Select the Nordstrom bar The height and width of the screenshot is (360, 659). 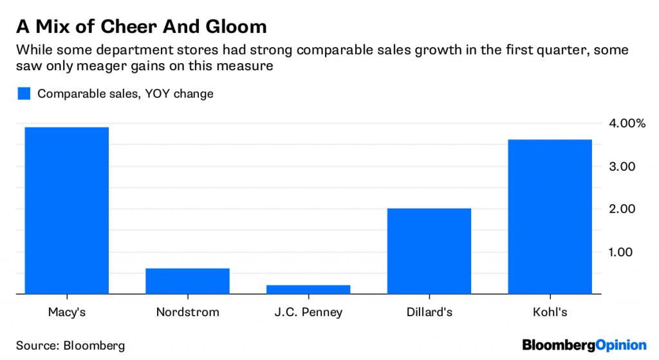coord(187,281)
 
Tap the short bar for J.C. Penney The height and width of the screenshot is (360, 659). coord(308,289)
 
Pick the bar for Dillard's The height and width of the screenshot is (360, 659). coord(429,251)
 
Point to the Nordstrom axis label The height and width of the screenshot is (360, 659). coord(187,312)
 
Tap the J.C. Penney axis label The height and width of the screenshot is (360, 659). coord(308,312)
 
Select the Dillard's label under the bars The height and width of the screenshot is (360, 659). coord(429,312)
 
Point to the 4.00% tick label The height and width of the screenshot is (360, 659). coord(622,123)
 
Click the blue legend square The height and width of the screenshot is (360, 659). coord(24,93)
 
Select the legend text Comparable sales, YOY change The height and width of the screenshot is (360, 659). coord(125,93)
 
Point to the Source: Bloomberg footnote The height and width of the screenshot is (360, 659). coord(71,345)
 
